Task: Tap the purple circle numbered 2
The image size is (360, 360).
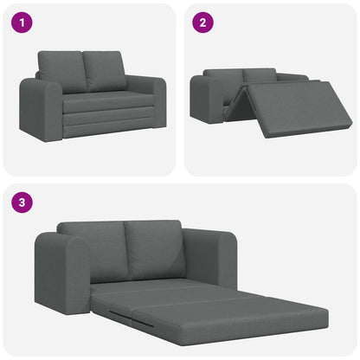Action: pos(202,22)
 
